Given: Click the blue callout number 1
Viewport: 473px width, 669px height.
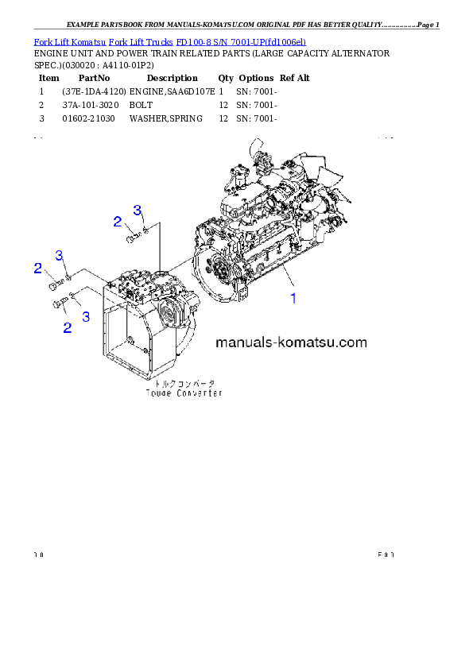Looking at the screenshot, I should [x=293, y=299].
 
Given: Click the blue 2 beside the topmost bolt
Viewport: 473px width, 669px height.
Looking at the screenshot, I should [x=117, y=222].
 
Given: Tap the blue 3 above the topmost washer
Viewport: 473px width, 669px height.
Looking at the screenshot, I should [x=138, y=211].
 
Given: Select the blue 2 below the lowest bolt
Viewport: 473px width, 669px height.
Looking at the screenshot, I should [x=67, y=327].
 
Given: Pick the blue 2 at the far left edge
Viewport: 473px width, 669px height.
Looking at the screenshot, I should [x=37, y=269].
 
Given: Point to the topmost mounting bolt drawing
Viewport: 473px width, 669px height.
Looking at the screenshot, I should [x=132, y=236].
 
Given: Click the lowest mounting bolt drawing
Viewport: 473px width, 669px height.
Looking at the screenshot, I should [x=60, y=303].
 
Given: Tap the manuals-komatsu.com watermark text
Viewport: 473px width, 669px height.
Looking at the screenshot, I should [x=291, y=343].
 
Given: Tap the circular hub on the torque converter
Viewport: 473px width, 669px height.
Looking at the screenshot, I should [x=171, y=317].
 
